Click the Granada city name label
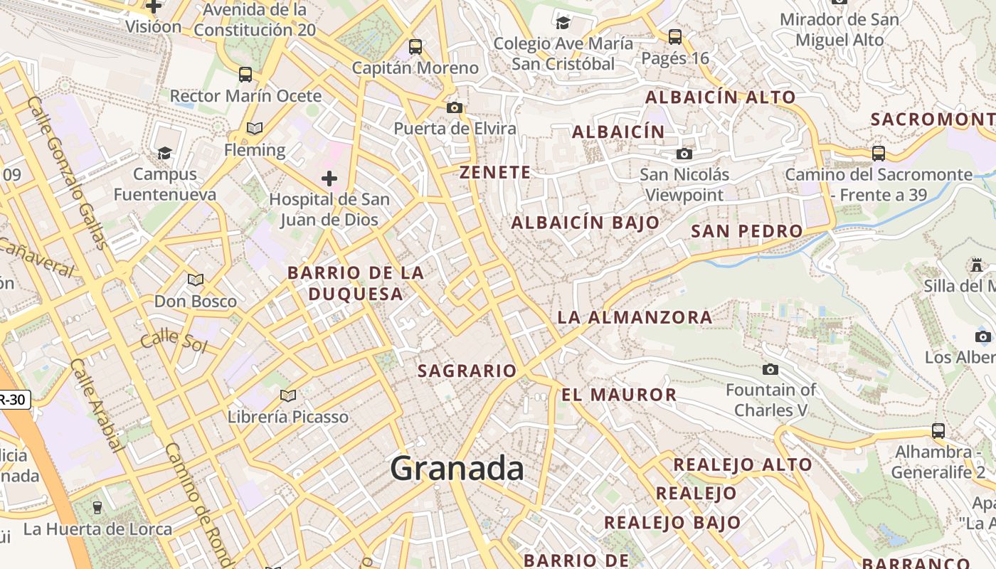[x=457, y=469]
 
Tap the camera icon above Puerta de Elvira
[x=455, y=107]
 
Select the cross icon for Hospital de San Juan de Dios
[x=329, y=178]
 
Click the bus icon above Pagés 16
[x=675, y=36]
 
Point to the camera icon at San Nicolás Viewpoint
[x=684, y=154]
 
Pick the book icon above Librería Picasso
[x=287, y=395]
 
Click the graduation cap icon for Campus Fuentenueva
[x=164, y=153]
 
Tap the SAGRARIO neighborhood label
[x=467, y=371]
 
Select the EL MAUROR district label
[x=619, y=395]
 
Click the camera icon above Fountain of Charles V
[x=770, y=369]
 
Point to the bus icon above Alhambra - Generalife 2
[x=938, y=430]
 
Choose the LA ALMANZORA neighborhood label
[x=635, y=317]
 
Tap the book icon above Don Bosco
[x=195, y=280]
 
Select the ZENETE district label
[x=495, y=172]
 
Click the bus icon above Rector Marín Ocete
[x=245, y=74]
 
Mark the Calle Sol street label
[x=174, y=341]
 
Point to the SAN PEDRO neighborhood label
[x=746, y=231]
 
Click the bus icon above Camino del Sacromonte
[x=879, y=153]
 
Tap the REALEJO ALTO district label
[x=743, y=464]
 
